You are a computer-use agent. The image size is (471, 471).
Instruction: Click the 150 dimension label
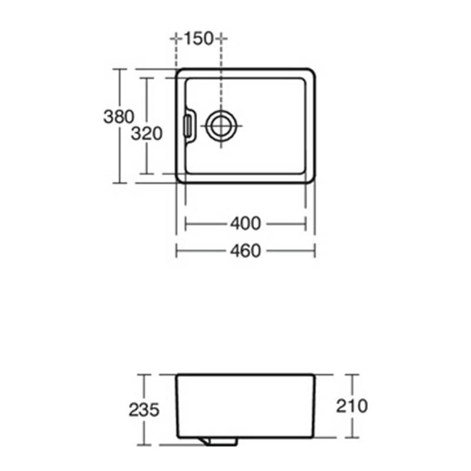[198, 39]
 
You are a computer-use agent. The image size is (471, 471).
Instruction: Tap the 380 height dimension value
[119, 117]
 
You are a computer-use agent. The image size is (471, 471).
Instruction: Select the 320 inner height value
[146, 134]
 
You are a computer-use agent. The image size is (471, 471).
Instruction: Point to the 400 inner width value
[246, 224]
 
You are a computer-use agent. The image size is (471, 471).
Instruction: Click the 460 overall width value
[246, 251]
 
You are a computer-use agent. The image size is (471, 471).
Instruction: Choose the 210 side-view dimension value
[352, 405]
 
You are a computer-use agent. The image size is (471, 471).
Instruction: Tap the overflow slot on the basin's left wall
[188, 125]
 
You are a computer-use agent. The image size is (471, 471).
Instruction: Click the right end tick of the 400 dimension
[306, 224]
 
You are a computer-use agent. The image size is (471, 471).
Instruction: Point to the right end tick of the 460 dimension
[314, 251]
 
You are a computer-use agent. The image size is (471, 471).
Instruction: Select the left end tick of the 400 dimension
[186, 224]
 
